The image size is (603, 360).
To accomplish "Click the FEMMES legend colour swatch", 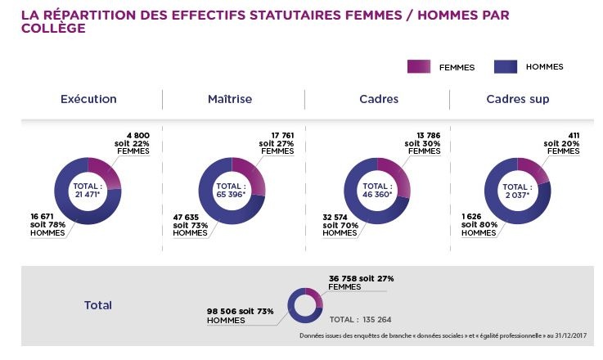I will pos(419,67).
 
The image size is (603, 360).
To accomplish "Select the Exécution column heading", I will pos(88,99).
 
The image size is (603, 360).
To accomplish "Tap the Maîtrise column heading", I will pos(230,99).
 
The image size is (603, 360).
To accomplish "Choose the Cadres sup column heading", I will pos(517,99).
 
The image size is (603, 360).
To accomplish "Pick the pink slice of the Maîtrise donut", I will pos(250,173).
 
